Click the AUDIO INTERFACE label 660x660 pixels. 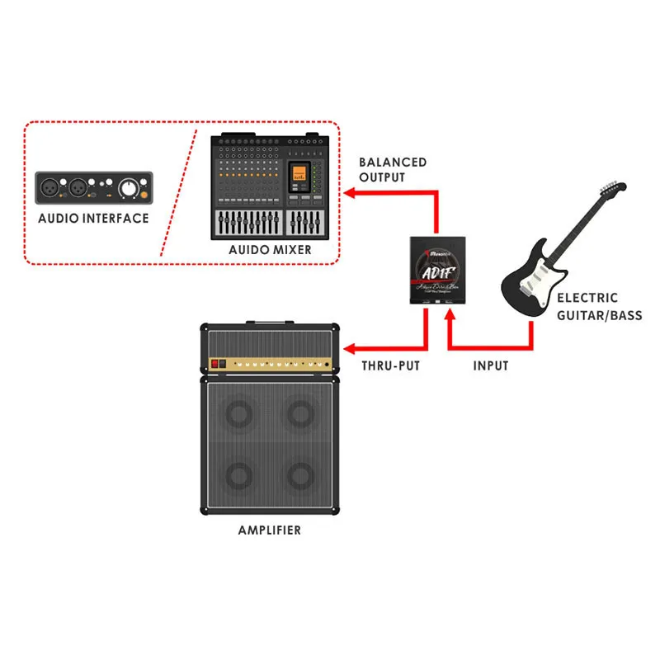tap(93, 219)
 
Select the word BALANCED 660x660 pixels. tap(393, 163)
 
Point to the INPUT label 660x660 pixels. tap(491, 365)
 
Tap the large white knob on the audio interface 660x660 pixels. tap(128, 189)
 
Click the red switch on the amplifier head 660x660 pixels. tap(218, 363)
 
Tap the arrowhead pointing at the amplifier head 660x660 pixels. tap(349, 348)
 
